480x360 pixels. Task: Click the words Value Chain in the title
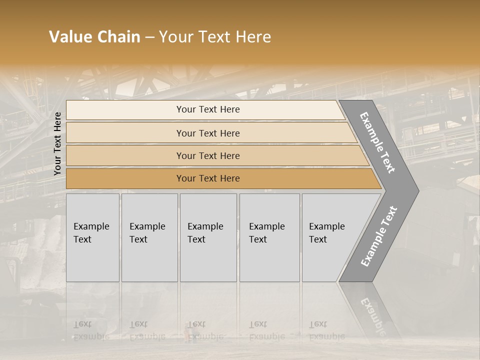coord(94,37)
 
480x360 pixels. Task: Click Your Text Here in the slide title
coord(215,37)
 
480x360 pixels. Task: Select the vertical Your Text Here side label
coord(57,143)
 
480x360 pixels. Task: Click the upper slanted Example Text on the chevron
coord(377,142)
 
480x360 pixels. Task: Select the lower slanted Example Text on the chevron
coord(379,236)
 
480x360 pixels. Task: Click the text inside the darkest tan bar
coord(208,178)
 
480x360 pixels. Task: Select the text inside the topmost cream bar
coord(208,109)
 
